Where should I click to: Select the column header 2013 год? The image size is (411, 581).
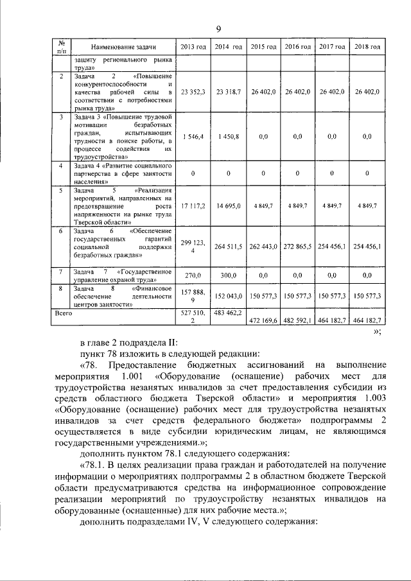(193, 47)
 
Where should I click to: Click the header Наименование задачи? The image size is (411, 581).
(123, 47)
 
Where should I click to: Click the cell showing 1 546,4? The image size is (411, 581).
(193, 137)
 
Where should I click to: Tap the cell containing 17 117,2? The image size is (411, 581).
(193, 205)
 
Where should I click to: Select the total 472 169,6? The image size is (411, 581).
(263, 319)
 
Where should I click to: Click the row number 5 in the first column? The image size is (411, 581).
(61, 191)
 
